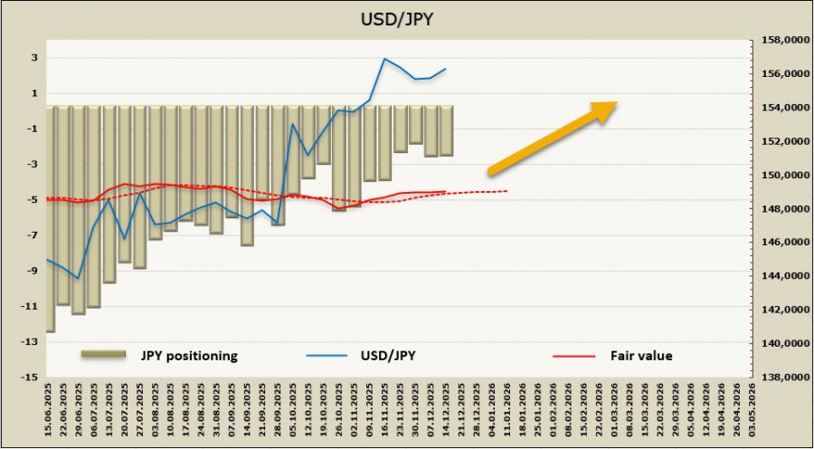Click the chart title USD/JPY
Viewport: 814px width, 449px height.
[x=407, y=19]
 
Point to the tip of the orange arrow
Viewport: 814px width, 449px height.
[x=618, y=102]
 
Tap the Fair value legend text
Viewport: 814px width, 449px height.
[x=640, y=355]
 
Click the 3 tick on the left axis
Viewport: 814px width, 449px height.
[x=33, y=58]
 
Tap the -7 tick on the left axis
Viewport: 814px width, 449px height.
[x=32, y=235]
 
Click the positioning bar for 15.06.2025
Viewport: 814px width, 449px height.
[x=51, y=218]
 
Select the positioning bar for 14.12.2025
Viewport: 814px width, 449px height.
[x=447, y=130]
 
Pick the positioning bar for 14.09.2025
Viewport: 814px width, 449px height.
[x=247, y=175]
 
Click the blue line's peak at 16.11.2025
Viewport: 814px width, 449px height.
[x=385, y=59]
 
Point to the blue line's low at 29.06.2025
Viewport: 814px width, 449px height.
[x=79, y=278]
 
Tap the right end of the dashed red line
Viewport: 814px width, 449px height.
[x=507, y=191]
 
